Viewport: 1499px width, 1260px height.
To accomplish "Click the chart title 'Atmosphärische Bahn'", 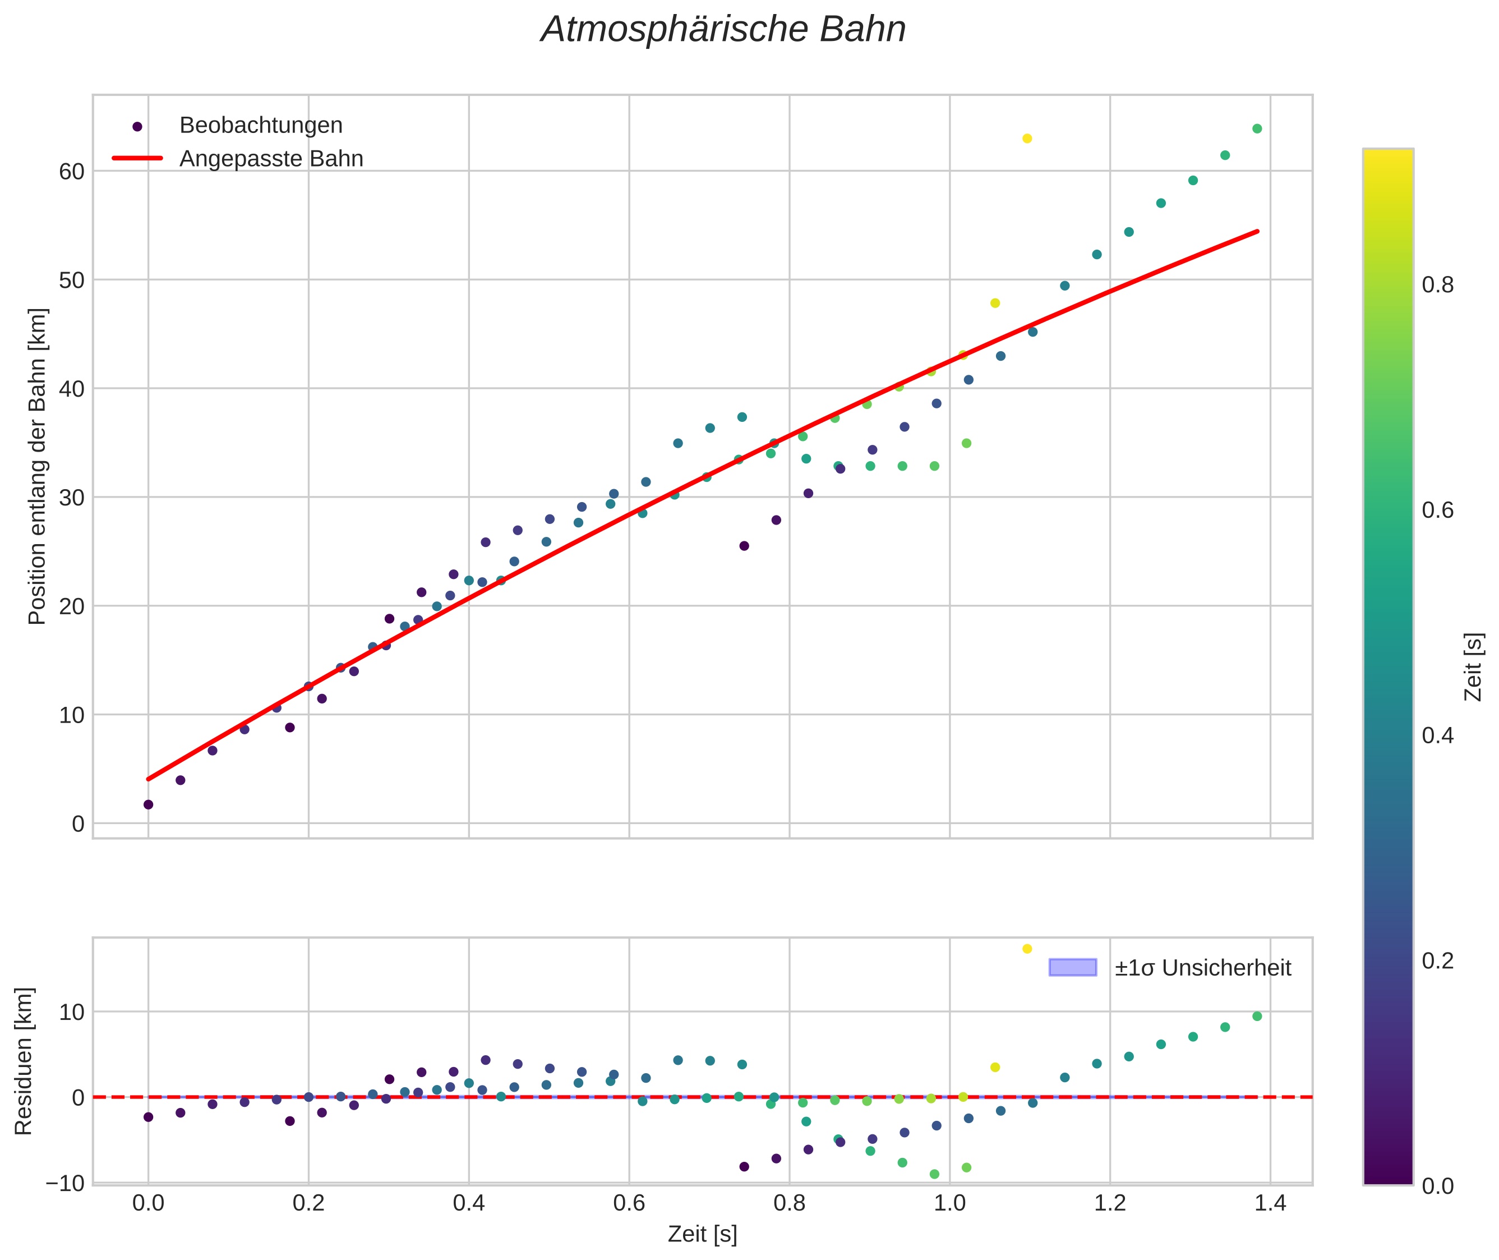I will click(x=723, y=30).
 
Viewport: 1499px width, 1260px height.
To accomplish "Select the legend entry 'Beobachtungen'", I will click(x=261, y=125).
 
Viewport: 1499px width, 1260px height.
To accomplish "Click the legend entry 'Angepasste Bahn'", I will click(x=271, y=159).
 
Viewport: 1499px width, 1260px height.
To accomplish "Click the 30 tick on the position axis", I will click(x=71, y=498).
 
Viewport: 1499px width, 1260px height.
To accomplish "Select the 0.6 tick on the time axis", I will click(x=629, y=1203).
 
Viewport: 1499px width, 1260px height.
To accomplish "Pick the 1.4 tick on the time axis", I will click(x=1270, y=1203).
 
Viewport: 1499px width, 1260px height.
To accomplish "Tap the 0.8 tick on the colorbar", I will click(x=1437, y=285).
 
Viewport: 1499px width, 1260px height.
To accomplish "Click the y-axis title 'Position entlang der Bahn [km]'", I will click(x=37, y=466).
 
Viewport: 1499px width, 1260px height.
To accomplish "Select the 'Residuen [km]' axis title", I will click(x=24, y=1061).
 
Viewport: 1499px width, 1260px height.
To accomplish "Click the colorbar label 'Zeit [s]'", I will click(x=1473, y=666).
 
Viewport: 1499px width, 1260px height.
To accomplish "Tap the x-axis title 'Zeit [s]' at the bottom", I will click(x=702, y=1234).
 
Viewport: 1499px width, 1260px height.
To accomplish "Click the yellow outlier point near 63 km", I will click(x=1027, y=139).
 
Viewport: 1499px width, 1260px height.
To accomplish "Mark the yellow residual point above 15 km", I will click(x=1027, y=949).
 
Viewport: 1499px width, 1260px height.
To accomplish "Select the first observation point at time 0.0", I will click(x=149, y=804).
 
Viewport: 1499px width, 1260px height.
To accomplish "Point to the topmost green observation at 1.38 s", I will click(x=1257, y=128).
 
